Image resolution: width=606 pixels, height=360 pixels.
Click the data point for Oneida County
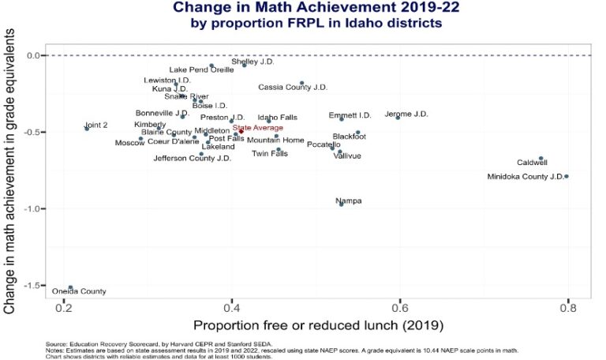[x=70, y=287]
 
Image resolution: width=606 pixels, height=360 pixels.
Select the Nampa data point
[x=341, y=204]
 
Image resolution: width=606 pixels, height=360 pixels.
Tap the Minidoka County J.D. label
[x=525, y=176]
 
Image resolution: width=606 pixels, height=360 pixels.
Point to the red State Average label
[x=256, y=127]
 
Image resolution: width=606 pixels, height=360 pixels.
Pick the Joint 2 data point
[x=87, y=128]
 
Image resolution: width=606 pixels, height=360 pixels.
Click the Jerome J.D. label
[x=406, y=114]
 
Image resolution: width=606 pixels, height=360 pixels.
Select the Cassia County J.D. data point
[x=301, y=83]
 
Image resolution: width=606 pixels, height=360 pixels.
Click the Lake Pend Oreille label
[x=201, y=70]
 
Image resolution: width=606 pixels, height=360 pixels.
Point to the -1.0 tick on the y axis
[x=36, y=208]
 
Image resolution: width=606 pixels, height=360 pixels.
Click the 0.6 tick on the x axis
[x=400, y=308]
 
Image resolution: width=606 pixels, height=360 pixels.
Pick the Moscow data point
[x=140, y=138]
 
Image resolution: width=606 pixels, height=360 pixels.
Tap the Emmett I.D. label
[x=350, y=115]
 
